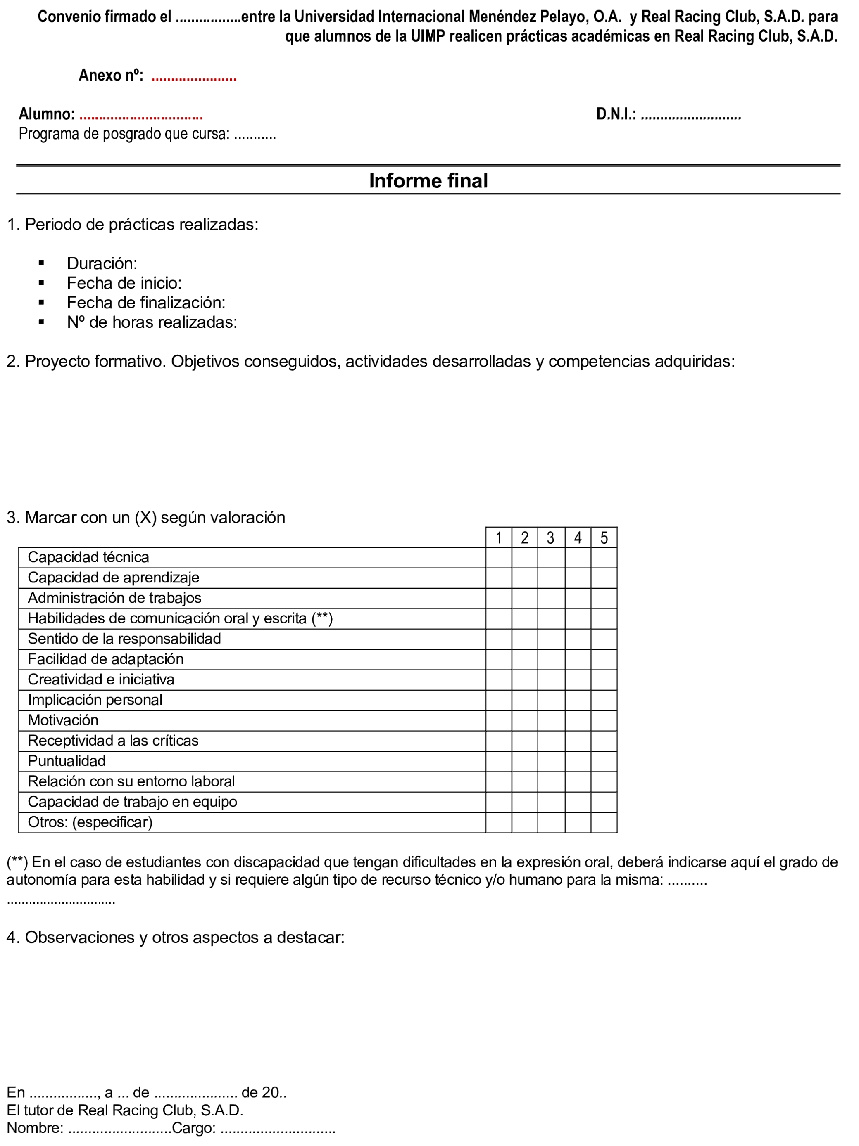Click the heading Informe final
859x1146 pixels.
pos(428,181)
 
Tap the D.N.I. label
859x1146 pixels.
pos(616,114)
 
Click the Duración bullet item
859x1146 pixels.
pos(102,264)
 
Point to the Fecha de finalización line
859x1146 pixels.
pos(146,303)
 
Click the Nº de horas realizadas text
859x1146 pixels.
pos(152,322)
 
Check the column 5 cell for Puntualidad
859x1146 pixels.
pos(604,762)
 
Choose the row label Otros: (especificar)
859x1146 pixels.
pos(90,822)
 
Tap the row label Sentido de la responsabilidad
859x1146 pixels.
pos(124,639)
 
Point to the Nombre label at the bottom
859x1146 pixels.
pos(35,1128)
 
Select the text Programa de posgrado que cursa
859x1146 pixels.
pos(124,134)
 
